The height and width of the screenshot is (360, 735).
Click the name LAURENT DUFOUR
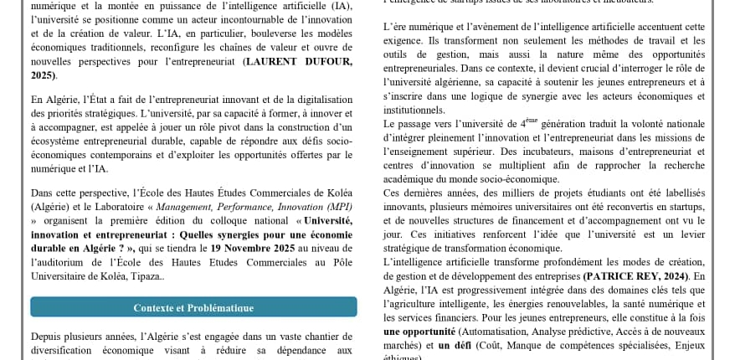pyautogui.click(x=298, y=62)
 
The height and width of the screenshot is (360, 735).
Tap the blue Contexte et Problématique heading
pyautogui.click(x=193, y=307)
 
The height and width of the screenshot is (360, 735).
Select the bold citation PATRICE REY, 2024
pyautogui.click(x=635, y=276)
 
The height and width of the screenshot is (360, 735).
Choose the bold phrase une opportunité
pyautogui.click(x=419, y=332)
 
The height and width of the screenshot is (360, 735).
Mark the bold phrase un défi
pyautogui.click(x=455, y=345)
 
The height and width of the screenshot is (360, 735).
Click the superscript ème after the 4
pyautogui.click(x=532, y=121)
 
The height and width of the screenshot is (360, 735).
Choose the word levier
pyautogui.click(x=691, y=235)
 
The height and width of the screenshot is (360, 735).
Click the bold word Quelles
pyautogui.click(x=200, y=234)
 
